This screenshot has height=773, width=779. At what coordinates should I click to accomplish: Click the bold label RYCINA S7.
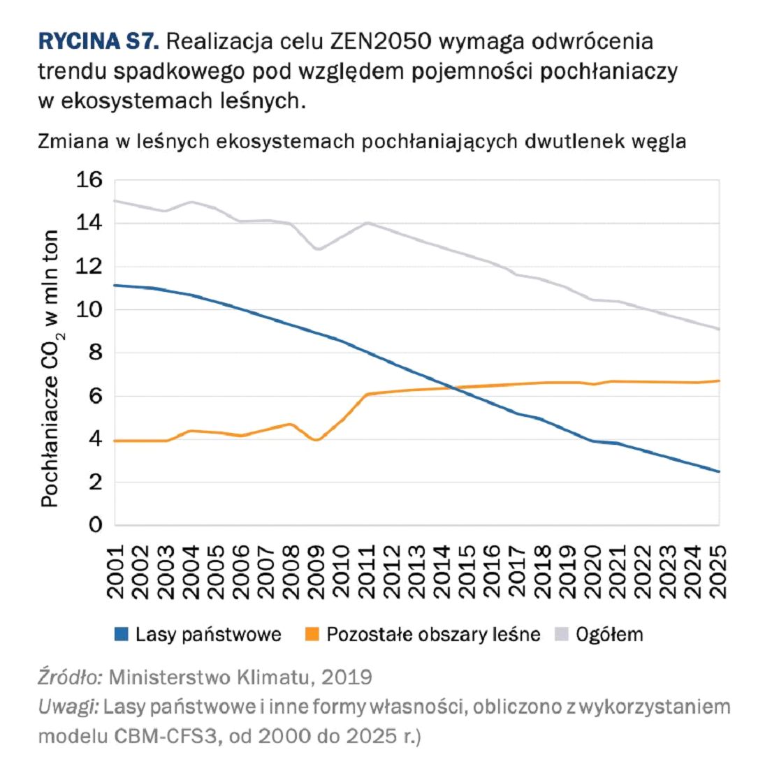click(99, 41)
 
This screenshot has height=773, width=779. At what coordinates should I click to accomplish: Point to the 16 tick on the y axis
click(89, 180)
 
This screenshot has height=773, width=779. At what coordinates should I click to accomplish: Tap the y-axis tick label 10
click(89, 309)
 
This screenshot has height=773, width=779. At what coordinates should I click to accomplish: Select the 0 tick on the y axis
click(96, 524)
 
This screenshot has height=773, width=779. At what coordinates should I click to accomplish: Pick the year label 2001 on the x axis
click(116, 572)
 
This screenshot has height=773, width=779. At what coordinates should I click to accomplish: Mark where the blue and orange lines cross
click(453, 388)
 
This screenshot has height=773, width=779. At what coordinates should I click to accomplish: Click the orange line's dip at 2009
click(316, 440)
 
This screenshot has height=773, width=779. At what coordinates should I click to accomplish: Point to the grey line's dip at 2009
click(318, 249)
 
